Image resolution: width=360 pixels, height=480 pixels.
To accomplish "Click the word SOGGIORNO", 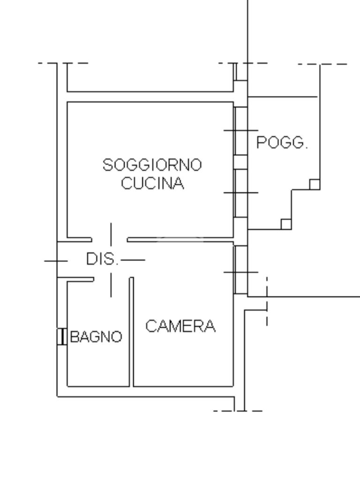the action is pos(152,165).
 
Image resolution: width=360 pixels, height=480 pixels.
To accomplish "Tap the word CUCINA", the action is pos(152,183).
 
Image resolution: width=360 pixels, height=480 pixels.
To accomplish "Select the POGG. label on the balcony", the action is pos(282,142).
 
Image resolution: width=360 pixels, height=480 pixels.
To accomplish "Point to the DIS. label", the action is pos(102,259).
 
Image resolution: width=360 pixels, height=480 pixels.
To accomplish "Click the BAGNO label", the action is pos(96,337).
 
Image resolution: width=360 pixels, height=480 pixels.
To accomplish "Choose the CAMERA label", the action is pos(180,326).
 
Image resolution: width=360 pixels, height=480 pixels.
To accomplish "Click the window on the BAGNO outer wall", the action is pos(61,337).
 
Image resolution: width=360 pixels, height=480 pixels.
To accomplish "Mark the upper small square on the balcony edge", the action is pos(315,184).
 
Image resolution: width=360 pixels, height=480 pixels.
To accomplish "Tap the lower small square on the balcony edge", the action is pos(286,224).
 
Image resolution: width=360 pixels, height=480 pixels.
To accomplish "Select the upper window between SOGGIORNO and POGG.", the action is pos(240,130).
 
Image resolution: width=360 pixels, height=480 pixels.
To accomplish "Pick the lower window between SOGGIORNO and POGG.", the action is pos(240,193).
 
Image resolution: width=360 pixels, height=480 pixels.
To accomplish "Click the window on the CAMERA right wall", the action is pos(240,270).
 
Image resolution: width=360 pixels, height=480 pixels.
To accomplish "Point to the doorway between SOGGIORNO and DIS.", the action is pos(110,240).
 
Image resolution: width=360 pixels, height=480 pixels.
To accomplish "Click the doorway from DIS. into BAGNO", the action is pos(112,280).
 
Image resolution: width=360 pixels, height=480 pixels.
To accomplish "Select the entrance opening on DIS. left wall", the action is pos(57,260).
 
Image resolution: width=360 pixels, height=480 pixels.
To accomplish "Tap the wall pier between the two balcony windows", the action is pos(240,162).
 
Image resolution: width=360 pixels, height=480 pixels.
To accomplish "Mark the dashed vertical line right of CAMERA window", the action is pos(267,300).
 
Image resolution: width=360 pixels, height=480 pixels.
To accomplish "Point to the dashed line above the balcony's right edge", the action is pos(323,64).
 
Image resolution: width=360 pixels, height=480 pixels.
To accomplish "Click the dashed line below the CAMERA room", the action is pos(238,411).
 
